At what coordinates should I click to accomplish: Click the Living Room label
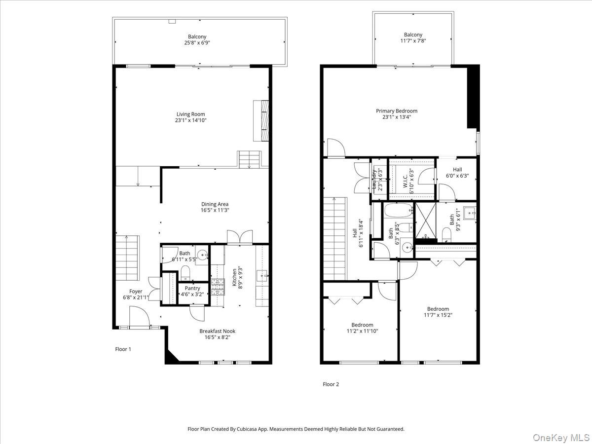click(x=190, y=114)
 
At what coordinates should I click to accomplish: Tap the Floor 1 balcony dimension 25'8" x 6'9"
click(x=197, y=43)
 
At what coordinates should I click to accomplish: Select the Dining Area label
click(x=215, y=204)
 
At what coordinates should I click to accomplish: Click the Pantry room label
click(x=192, y=288)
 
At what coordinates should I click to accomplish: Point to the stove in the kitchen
click(x=218, y=287)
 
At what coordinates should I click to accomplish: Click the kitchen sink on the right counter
click(x=261, y=276)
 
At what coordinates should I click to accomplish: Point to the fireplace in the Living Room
click(x=260, y=120)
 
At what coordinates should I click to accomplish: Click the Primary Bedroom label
click(x=397, y=111)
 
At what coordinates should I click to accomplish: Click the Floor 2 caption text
click(x=331, y=384)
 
